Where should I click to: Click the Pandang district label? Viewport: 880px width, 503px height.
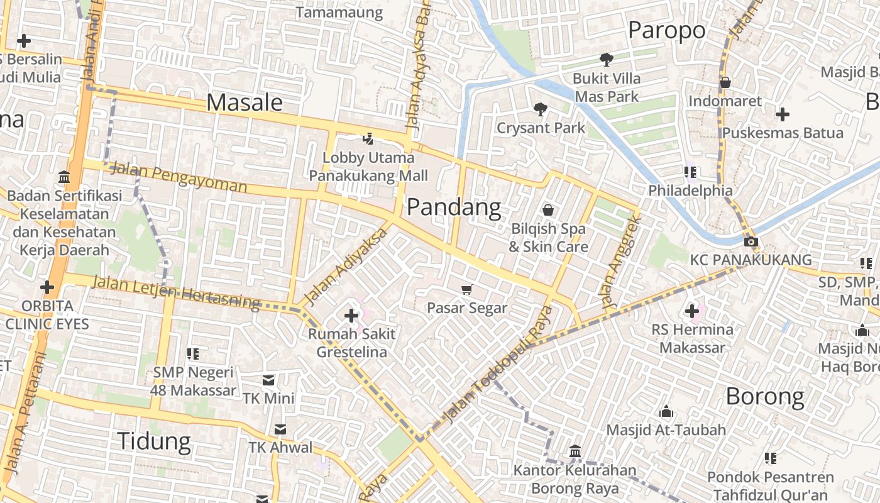click(454, 207)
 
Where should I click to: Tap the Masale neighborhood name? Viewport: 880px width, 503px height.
click(245, 102)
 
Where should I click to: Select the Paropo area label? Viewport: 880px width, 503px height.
click(666, 30)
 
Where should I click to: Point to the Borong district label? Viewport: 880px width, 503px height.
click(765, 396)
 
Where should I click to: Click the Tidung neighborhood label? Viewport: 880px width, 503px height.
click(154, 441)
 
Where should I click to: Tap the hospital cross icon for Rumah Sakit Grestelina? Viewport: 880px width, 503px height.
click(351, 315)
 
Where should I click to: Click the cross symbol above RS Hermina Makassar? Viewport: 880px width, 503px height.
click(692, 311)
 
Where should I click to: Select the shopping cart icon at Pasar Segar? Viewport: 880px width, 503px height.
click(466, 289)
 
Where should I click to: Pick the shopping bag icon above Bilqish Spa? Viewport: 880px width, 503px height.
click(548, 210)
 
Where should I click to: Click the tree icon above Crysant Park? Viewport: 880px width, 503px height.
click(540, 109)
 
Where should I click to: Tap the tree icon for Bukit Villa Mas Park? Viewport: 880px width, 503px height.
click(607, 60)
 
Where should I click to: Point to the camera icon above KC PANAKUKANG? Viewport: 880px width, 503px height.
click(750, 241)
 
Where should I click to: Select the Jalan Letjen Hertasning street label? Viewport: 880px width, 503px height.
click(176, 292)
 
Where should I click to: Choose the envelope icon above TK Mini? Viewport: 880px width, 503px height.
click(268, 380)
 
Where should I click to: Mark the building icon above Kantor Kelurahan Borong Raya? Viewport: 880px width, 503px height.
click(575, 451)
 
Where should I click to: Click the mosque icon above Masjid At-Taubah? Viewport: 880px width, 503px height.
click(666, 412)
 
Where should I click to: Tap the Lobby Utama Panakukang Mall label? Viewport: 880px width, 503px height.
click(368, 167)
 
